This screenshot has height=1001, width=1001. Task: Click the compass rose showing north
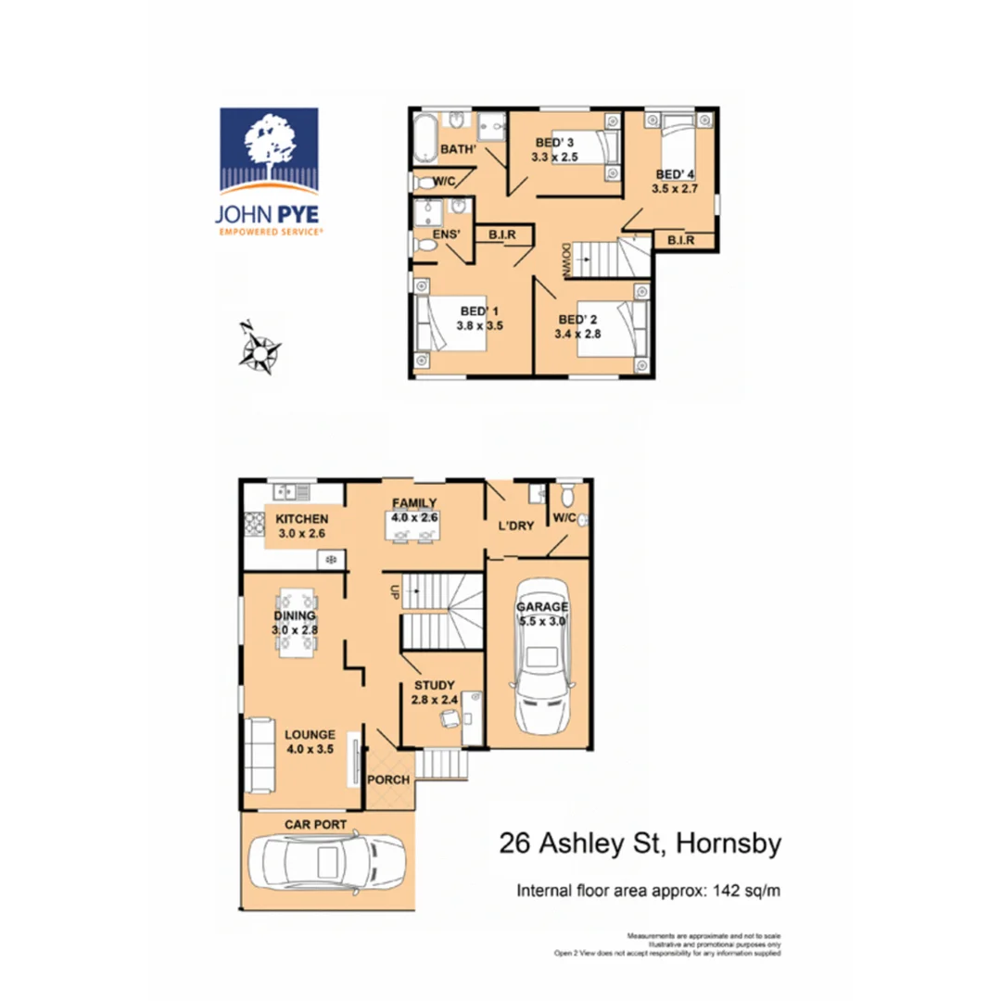click(260, 350)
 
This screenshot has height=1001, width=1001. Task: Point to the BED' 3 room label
click(554, 143)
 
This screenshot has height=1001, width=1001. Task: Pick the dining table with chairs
click(295, 623)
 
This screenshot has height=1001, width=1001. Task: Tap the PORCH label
click(388, 779)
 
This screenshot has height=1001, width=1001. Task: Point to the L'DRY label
click(515, 526)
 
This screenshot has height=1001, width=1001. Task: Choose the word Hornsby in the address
click(729, 844)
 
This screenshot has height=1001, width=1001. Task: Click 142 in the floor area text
click(727, 892)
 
